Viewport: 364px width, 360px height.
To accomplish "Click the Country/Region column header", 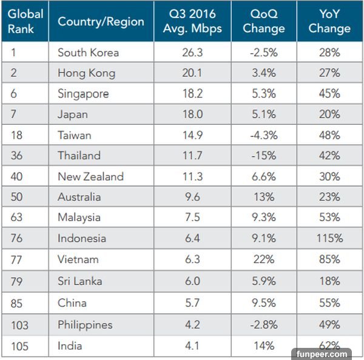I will click(x=101, y=22).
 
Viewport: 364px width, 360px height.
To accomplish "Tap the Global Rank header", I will click(x=25, y=22).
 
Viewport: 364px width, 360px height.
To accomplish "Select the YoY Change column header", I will click(x=330, y=22).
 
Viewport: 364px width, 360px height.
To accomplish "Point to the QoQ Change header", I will click(x=264, y=22).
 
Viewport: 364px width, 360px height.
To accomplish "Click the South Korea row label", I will click(x=88, y=53).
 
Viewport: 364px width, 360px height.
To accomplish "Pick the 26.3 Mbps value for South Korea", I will click(x=193, y=53).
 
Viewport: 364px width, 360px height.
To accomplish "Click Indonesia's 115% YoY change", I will click(x=330, y=238).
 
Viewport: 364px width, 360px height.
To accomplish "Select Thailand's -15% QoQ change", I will click(x=264, y=156).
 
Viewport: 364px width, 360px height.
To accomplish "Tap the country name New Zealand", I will click(x=90, y=176).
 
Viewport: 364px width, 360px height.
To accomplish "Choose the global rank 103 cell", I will click(x=19, y=325).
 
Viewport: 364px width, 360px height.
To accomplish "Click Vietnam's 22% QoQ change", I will click(x=264, y=259).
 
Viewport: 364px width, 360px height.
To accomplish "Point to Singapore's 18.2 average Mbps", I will click(x=193, y=94).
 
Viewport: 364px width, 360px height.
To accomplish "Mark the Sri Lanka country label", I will click(x=79, y=281).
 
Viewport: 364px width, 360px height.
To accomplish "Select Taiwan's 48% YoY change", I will click(x=330, y=135).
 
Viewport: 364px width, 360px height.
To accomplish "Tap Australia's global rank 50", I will click(x=17, y=197).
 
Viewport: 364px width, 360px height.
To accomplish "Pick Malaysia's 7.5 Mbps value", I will click(x=193, y=218).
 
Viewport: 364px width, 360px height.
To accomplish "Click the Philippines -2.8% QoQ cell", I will click(x=264, y=325).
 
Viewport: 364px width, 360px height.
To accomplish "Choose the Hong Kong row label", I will click(x=86, y=73).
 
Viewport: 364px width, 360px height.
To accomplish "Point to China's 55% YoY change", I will click(x=330, y=302).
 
